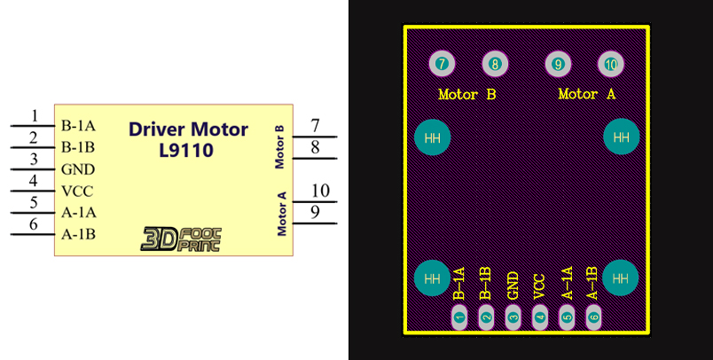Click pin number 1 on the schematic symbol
tap(35, 116)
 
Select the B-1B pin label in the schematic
tap(79, 147)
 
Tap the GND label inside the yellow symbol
tap(78, 169)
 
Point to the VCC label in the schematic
tap(78, 191)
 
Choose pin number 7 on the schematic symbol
tap(315, 126)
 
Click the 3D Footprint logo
tap(182, 238)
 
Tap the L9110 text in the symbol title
tap(188, 151)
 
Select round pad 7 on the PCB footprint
tap(442, 64)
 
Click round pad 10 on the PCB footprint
tap(610, 64)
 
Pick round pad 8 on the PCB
tap(494, 64)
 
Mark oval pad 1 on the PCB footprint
tap(459, 316)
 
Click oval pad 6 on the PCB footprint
tap(593, 316)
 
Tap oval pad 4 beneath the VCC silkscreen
tap(540, 316)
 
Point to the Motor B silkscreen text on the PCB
tap(466, 94)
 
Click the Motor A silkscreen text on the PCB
tap(586, 94)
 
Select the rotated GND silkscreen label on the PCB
tap(513, 286)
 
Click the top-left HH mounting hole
tap(433, 137)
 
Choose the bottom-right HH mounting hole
tap(621, 278)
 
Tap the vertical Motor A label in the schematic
tap(282, 214)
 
